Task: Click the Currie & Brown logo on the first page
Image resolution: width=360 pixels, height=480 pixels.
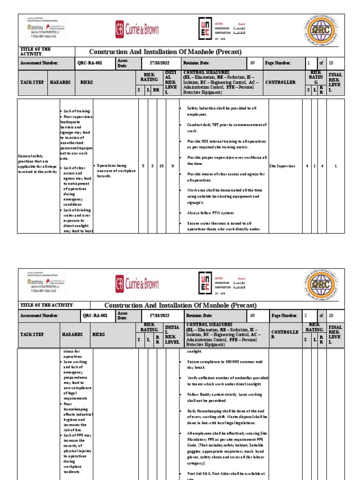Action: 137,30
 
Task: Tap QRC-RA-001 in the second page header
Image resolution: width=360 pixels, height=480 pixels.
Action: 95,316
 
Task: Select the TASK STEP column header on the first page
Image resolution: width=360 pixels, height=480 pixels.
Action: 32,82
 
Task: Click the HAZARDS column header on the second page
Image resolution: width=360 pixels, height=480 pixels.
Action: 73,335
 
